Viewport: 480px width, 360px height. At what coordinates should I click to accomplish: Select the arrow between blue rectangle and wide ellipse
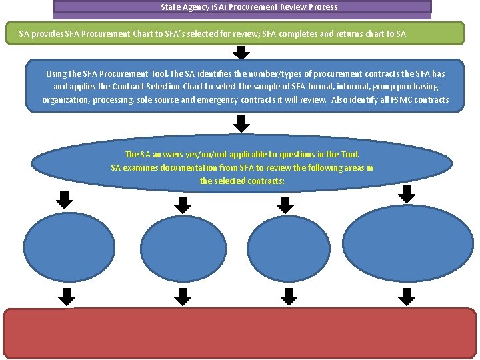[242, 123]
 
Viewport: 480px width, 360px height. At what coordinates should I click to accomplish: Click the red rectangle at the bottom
[240, 333]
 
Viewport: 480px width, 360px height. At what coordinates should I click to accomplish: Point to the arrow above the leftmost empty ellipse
[64, 199]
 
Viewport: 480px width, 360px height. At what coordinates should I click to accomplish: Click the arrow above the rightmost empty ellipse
[407, 193]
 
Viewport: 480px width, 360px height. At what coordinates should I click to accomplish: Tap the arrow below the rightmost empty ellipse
[407, 295]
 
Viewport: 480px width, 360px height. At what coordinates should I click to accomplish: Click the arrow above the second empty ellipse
[182, 204]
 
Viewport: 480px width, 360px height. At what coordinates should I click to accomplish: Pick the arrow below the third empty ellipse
[289, 295]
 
